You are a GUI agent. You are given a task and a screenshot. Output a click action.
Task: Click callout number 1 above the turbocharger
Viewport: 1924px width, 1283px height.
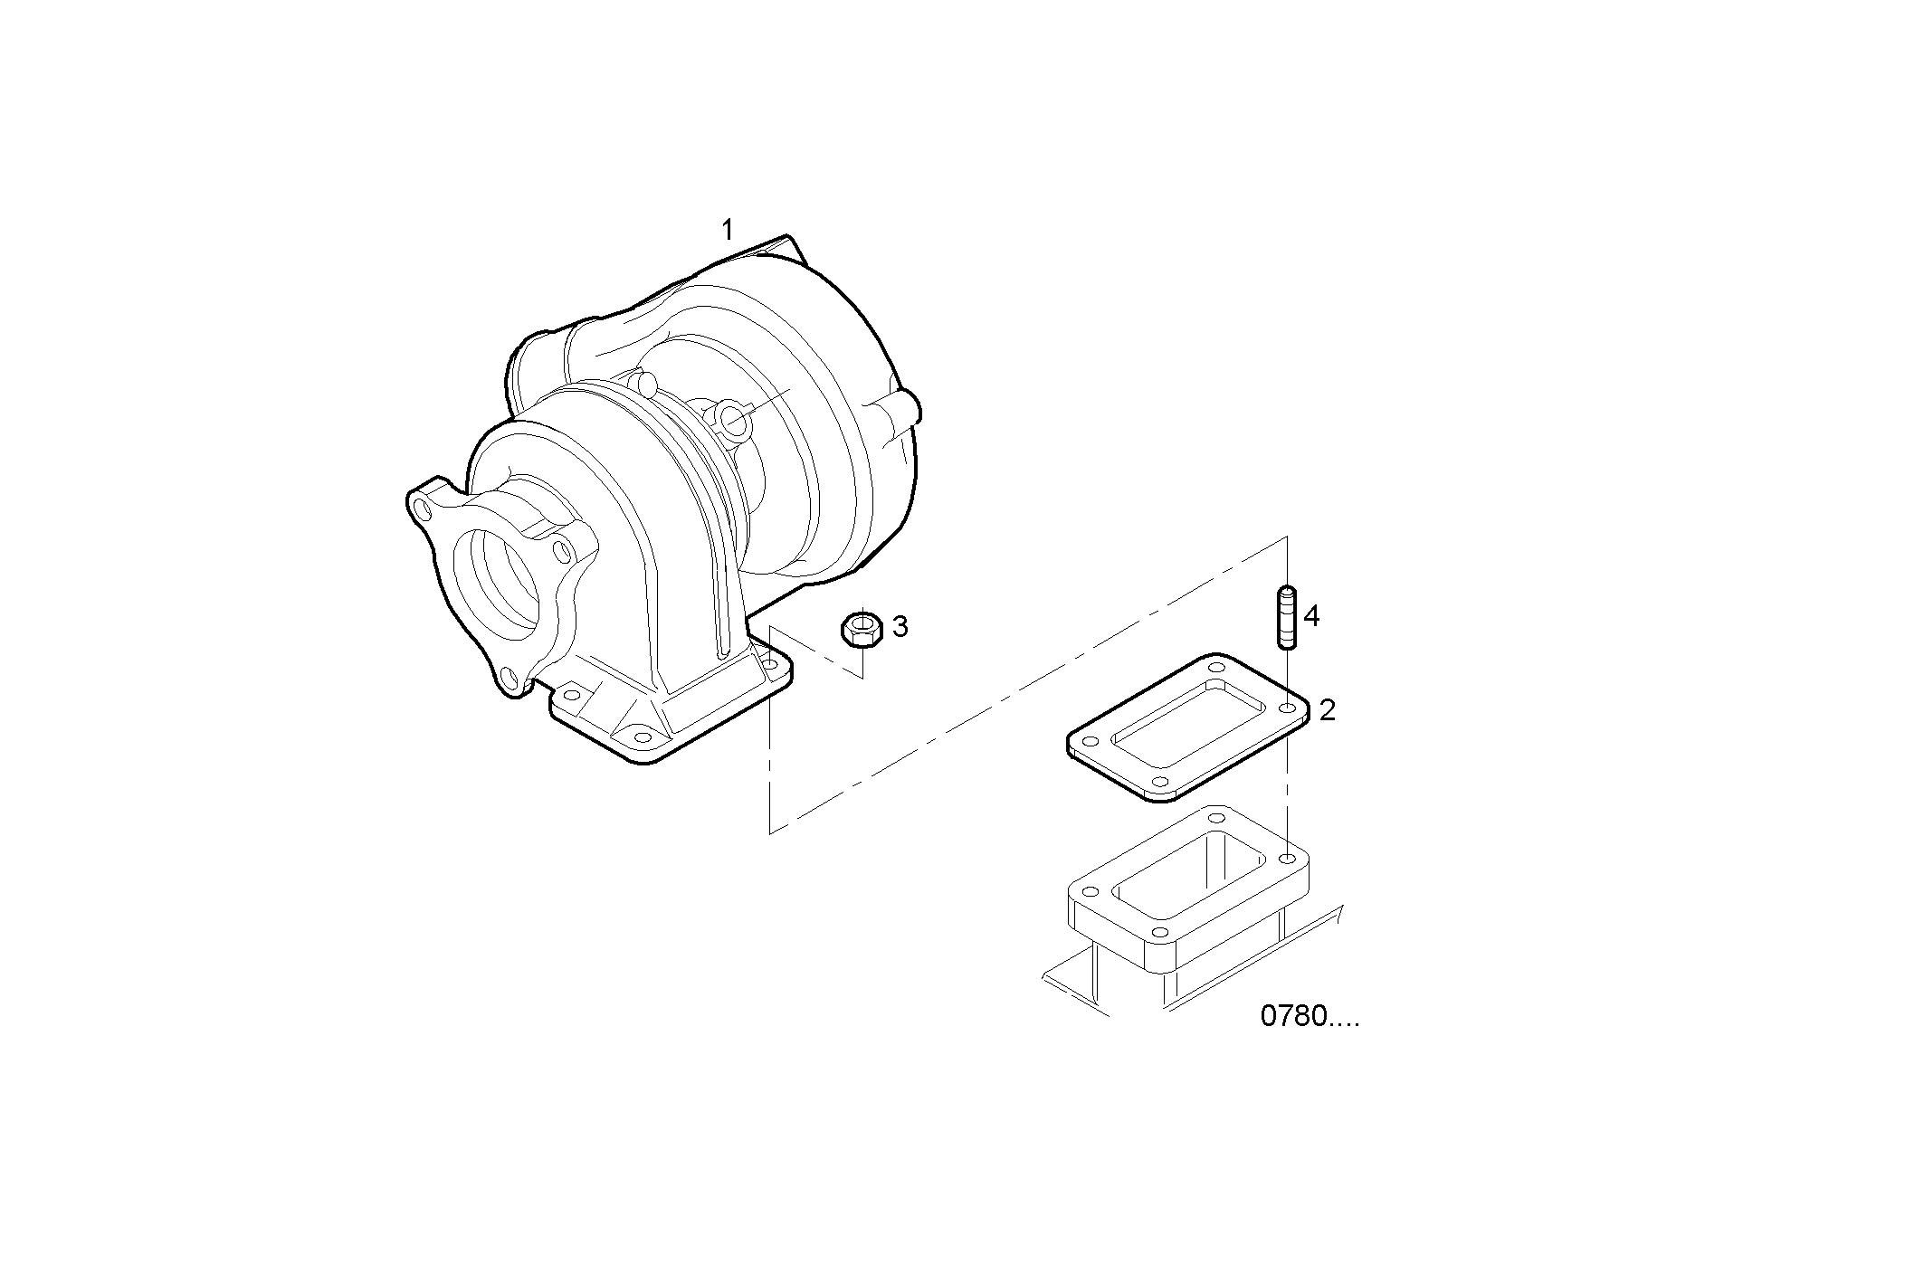(x=727, y=231)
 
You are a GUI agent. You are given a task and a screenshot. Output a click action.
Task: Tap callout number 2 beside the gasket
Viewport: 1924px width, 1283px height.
(x=1327, y=710)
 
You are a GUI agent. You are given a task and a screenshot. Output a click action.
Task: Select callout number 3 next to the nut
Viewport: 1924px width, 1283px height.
(x=900, y=626)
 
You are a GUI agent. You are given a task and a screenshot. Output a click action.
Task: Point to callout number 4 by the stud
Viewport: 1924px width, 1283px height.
(x=1311, y=617)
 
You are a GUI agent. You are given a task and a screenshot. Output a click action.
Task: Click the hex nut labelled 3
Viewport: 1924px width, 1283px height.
(x=862, y=628)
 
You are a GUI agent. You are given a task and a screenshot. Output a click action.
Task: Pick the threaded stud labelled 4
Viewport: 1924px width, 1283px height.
(x=1286, y=617)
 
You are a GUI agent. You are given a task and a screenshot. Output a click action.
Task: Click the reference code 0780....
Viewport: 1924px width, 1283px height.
(x=1309, y=1017)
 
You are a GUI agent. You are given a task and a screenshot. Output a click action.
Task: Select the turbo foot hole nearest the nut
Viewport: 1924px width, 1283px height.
(x=770, y=665)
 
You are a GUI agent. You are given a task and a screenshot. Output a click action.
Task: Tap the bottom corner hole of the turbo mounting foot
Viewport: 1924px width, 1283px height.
(x=635, y=733)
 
